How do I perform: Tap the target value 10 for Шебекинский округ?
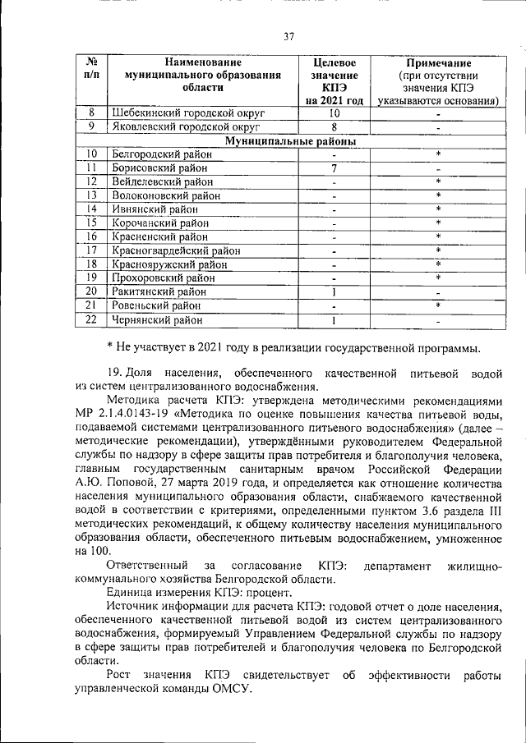coord(335,113)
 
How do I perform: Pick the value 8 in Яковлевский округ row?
coord(335,127)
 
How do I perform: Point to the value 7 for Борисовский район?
coord(335,167)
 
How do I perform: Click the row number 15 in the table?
coord(92,222)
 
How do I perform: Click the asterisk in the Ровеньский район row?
coord(439,305)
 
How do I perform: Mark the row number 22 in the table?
coord(92,319)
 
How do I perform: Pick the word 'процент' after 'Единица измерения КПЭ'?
coord(265,591)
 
